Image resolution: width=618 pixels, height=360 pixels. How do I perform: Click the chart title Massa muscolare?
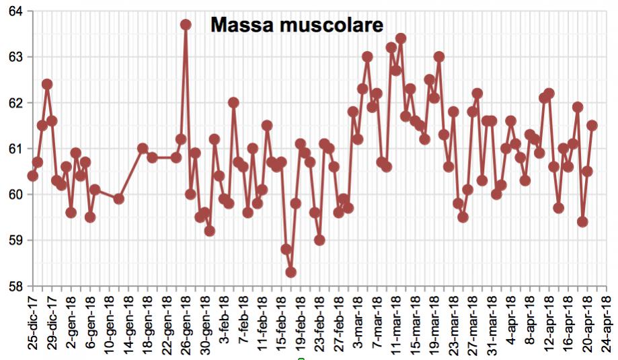pos(297,26)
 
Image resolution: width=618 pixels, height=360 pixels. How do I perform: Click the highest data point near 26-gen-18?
pos(186,25)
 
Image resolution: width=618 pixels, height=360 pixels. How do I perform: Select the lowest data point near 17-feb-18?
pos(291,273)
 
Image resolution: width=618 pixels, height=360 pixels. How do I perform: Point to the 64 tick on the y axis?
pos(15,11)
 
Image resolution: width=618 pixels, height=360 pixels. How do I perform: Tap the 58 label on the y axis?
pos(15,286)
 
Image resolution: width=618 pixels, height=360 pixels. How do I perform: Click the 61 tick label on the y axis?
pos(15,149)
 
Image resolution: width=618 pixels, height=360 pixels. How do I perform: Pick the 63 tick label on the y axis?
pos(15,57)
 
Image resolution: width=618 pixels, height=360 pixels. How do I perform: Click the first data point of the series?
pos(32,176)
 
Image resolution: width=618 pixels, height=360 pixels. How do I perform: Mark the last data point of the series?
pos(592,125)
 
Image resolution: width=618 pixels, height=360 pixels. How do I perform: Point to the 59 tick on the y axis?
pos(15,240)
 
